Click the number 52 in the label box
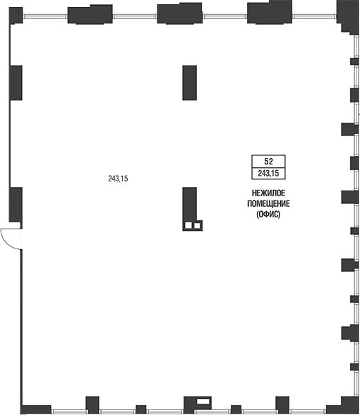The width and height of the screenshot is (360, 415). pos(268,161)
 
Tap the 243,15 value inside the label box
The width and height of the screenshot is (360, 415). pos(268,174)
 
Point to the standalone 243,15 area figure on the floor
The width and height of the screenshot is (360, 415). pos(118,179)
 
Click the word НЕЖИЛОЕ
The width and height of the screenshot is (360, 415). pos(268,193)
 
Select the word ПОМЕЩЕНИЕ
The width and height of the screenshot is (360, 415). pos(268,203)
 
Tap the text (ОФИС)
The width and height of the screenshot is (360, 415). pos(268,214)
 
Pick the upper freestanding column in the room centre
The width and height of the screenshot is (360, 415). pos(189,83)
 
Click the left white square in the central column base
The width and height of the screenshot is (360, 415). pos(188,226)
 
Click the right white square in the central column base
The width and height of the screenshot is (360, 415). pos(197,226)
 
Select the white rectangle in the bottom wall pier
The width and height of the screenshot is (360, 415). pos(203,401)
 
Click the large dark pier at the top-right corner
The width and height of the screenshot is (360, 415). pos(347,17)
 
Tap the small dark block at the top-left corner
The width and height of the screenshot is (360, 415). pos(16,16)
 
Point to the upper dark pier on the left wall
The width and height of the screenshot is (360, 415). pos(16,83)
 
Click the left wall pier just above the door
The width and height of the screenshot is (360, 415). pos(16,205)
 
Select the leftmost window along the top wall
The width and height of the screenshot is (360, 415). pos(45,16)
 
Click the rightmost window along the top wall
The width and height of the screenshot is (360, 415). pos(315,16)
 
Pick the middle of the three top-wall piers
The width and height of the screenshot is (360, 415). pos(180,14)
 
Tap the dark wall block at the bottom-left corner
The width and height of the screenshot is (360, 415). pos(36,409)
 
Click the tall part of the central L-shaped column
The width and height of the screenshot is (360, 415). pos(189,204)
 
